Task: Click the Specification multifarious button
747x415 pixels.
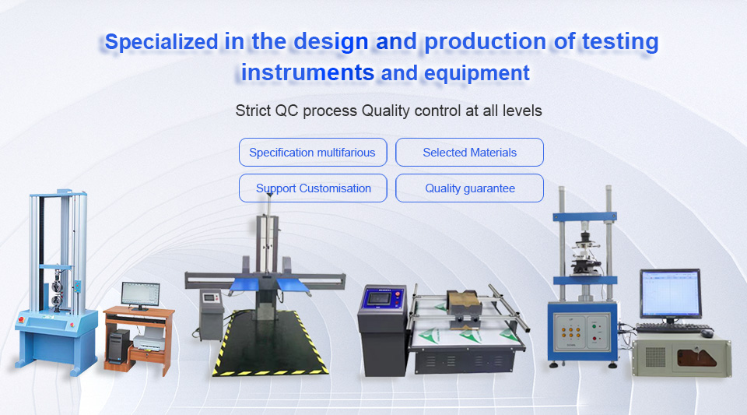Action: coord(313,153)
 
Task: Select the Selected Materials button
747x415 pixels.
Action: coord(469,153)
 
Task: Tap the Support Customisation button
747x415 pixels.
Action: coord(313,188)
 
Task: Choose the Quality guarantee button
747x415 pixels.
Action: coord(469,188)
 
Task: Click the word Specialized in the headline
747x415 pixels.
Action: coord(162,42)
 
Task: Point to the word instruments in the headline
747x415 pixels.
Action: coord(307,73)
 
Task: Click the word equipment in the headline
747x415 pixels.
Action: coord(477,74)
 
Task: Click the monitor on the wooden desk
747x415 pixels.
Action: coord(140,295)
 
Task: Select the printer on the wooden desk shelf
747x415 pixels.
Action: coord(149,339)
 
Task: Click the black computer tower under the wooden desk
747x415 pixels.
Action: coord(118,346)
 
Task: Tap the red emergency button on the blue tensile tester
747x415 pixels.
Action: coord(21,319)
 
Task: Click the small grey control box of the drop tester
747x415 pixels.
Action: coord(211,314)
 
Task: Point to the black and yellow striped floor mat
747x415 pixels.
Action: coord(270,343)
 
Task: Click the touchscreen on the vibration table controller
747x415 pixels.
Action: coord(378,299)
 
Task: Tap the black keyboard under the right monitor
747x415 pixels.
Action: coord(672,328)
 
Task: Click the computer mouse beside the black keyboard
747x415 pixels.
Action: coord(707,333)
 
